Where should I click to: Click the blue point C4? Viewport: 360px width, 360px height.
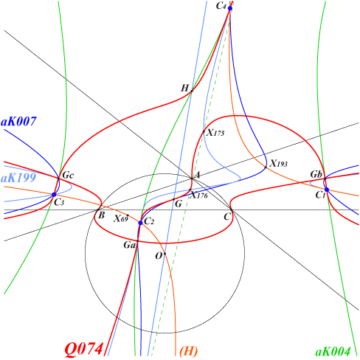(x=230, y=8)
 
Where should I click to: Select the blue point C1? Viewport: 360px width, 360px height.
(x=327, y=190)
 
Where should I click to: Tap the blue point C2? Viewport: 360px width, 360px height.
(x=140, y=223)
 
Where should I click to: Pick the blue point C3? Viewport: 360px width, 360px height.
(x=54, y=195)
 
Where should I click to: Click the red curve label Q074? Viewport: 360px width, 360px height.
(x=83, y=349)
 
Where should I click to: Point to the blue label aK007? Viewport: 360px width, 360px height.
(x=19, y=121)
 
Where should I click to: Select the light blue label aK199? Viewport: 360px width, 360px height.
(x=18, y=177)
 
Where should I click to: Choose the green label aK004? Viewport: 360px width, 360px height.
(x=333, y=352)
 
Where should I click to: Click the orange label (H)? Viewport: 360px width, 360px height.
(x=189, y=351)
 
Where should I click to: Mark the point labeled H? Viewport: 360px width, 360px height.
(x=192, y=91)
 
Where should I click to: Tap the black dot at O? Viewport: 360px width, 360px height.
(x=165, y=254)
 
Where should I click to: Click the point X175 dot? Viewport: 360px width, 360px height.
(x=204, y=131)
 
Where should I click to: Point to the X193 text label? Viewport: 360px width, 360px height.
(x=278, y=164)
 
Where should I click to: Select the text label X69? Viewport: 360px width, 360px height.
(x=121, y=218)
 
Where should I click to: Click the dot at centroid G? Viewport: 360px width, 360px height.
(x=173, y=199)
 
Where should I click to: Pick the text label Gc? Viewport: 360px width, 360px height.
(x=68, y=176)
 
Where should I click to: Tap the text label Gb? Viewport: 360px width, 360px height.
(x=316, y=174)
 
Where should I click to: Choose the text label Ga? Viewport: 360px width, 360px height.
(x=130, y=245)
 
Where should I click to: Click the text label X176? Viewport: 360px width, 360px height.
(x=199, y=195)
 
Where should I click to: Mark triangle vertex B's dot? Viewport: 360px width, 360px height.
(x=98, y=210)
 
